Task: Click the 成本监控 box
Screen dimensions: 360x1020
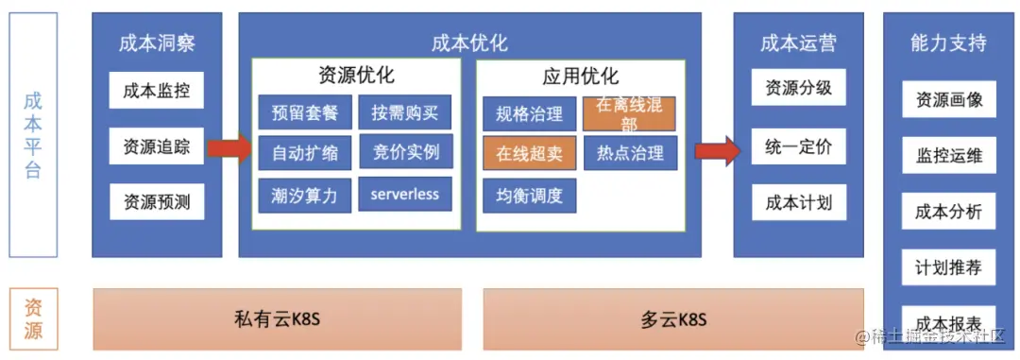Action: (x=157, y=91)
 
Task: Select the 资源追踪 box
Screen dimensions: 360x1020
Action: (x=157, y=146)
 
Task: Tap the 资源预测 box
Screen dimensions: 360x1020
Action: (x=157, y=201)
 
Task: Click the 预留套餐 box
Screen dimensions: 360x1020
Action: (x=305, y=113)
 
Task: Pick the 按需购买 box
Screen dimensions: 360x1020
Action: (x=406, y=113)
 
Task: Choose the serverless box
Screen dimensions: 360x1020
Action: (x=405, y=194)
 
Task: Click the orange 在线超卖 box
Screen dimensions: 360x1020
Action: (x=530, y=154)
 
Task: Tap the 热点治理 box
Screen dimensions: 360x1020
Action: (x=630, y=153)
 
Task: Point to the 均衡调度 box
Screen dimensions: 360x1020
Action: (x=530, y=196)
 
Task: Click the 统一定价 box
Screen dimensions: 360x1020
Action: (x=799, y=148)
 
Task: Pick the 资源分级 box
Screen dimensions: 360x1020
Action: (x=799, y=89)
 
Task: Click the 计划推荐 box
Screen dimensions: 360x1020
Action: (x=949, y=267)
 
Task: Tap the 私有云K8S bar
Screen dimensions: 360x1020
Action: (x=278, y=319)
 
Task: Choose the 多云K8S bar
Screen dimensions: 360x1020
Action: (x=673, y=319)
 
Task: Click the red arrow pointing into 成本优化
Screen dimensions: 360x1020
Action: (x=229, y=147)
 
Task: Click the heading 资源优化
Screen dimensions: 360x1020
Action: (x=356, y=76)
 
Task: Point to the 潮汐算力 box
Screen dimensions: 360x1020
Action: (x=305, y=194)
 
